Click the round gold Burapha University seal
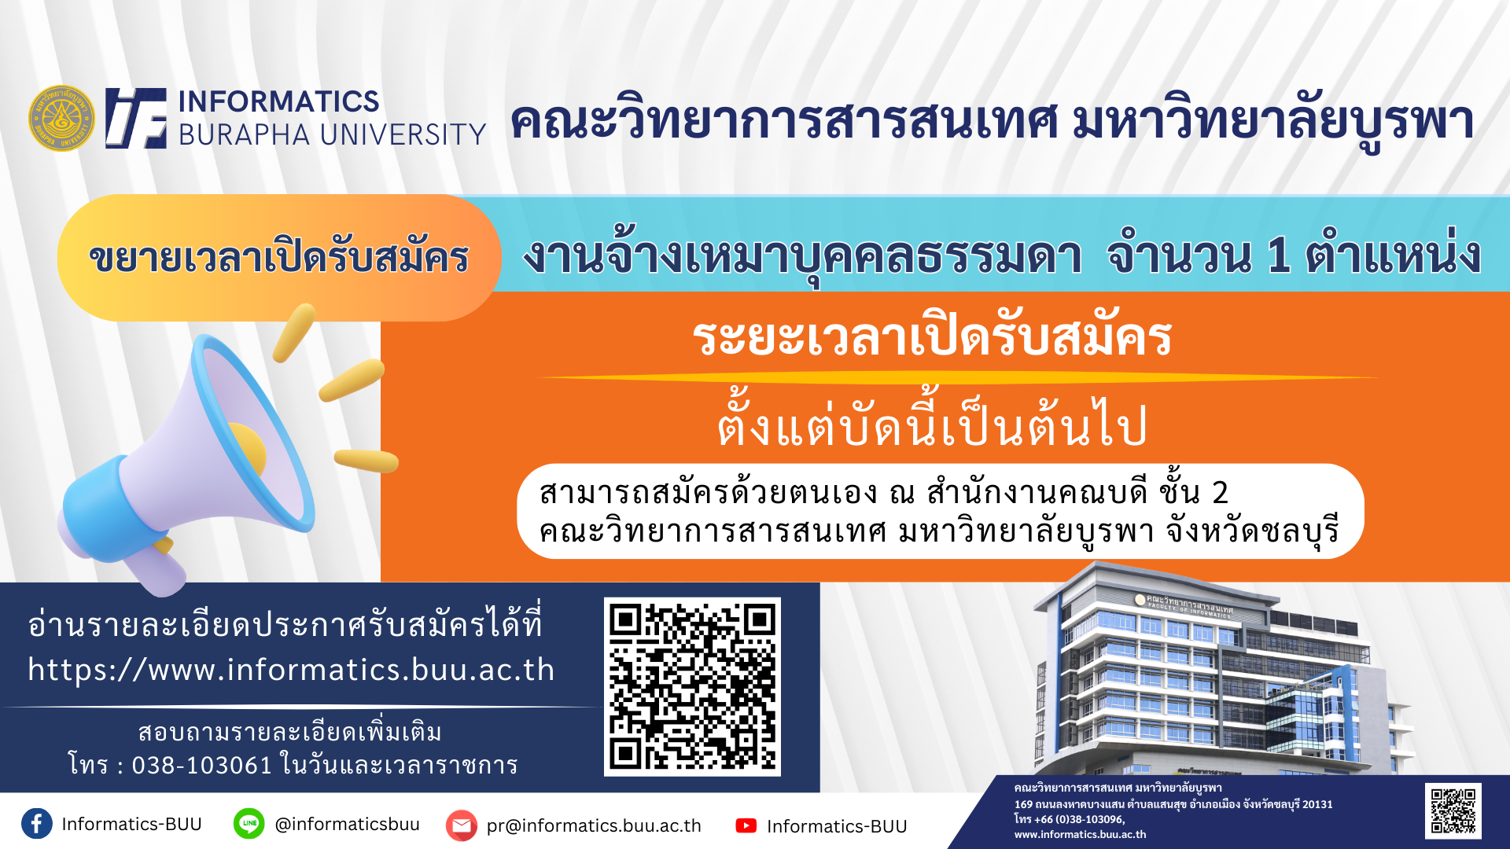click(x=61, y=119)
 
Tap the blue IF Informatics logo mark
click(x=136, y=118)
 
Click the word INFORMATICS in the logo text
click(x=279, y=101)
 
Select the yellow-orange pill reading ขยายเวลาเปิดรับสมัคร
click(x=279, y=258)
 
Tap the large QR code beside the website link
click(x=692, y=687)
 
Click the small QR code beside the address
click(x=1453, y=810)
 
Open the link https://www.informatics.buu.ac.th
click(x=291, y=670)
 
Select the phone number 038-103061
click(x=202, y=765)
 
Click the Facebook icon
click(x=37, y=824)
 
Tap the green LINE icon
click(x=249, y=824)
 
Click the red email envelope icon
click(x=462, y=825)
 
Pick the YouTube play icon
click(x=746, y=825)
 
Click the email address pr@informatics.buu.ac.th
click(x=594, y=825)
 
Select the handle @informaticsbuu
click(x=347, y=824)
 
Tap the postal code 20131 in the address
click(x=1317, y=804)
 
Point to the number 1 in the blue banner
click(x=1279, y=255)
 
